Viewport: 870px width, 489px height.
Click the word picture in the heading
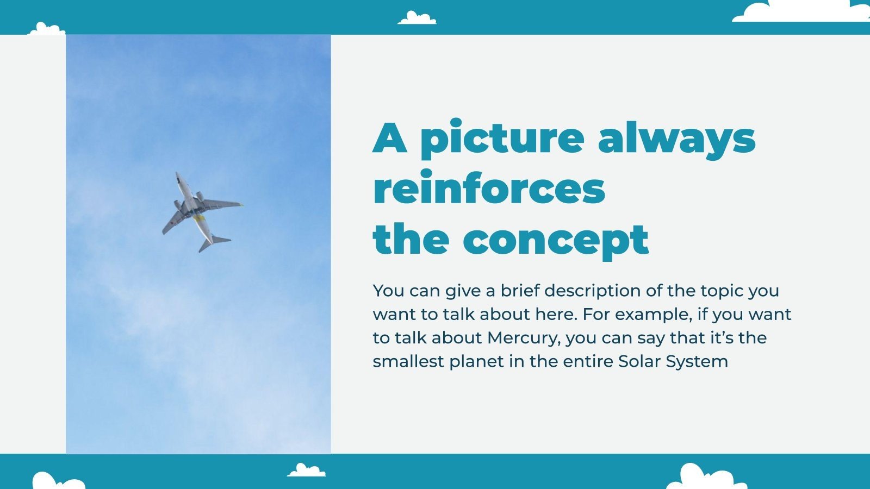[502, 139]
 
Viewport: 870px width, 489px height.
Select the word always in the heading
[676, 139]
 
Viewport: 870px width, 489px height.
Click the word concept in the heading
[556, 239]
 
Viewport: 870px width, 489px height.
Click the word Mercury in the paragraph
[523, 338]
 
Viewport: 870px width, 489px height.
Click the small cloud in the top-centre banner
[417, 18]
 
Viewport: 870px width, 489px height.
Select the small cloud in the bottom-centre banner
[307, 471]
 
